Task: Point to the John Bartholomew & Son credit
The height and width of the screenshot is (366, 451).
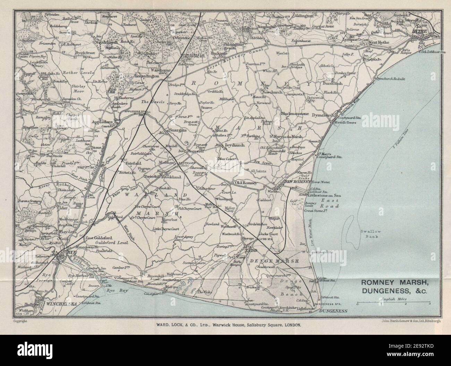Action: (408, 321)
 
